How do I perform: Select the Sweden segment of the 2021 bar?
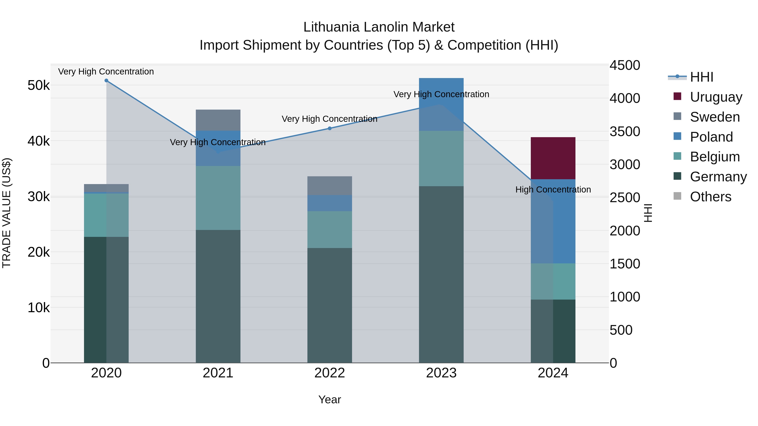pos(218,120)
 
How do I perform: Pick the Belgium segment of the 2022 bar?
pos(330,229)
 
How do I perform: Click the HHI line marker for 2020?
pos(107,81)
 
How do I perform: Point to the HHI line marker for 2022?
pos(330,128)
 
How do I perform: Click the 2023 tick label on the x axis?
pos(441,373)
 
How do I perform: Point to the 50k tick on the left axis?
pos(39,86)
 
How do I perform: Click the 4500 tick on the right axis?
pos(625,65)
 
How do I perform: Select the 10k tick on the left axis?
pos(39,308)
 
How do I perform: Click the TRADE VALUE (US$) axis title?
pos(7,213)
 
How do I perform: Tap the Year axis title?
pos(330,399)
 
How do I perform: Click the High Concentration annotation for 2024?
pos(553,190)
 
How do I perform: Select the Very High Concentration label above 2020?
pos(106,72)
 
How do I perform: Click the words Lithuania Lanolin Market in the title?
pos(379,27)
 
